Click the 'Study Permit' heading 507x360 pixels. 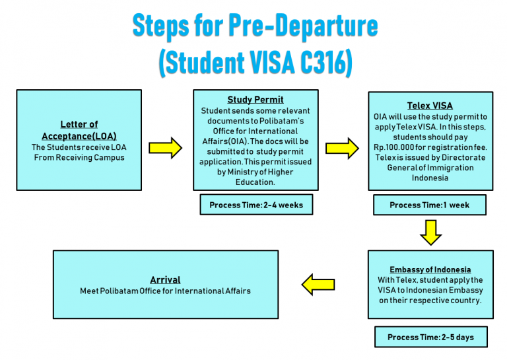255,100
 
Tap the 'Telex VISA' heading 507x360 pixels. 430,106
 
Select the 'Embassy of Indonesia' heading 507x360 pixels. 430,270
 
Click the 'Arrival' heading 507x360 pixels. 165,280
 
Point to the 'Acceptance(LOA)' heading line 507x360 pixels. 79,136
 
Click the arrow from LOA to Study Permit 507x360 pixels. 165,148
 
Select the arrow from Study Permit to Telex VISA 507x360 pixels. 342,148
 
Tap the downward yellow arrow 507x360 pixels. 430,233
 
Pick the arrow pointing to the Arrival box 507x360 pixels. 318,285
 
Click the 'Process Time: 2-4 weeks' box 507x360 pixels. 256,205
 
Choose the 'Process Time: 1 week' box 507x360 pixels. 430,205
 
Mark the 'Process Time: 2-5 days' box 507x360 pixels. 431,337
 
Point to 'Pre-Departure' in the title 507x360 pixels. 303,26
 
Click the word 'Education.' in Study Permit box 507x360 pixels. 255,182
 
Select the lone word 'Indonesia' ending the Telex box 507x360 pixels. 430,178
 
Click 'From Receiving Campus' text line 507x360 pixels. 79,158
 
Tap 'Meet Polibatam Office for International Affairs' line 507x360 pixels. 165,291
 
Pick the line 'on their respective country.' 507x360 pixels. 430,301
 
